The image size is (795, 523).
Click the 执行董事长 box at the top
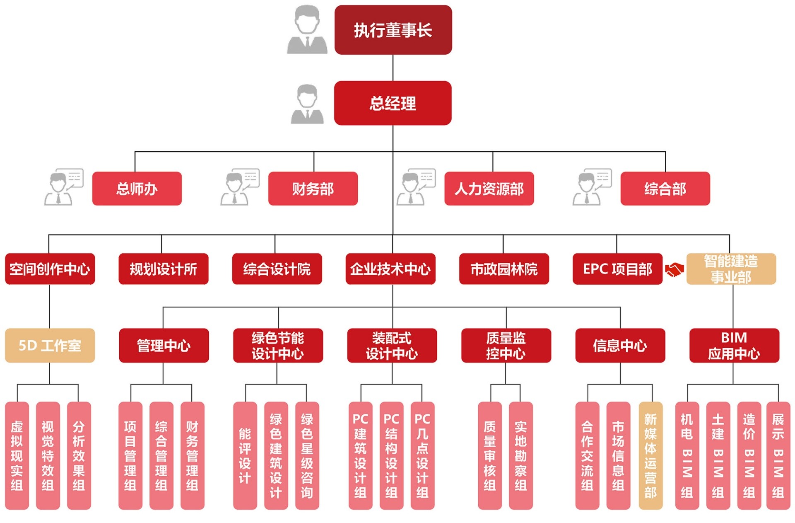point(393,30)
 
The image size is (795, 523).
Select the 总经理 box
point(393,103)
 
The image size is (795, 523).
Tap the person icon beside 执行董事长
point(307,30)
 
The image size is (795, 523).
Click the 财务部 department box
point(313,189)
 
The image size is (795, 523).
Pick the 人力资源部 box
point(489,189)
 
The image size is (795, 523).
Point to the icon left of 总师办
point(64,187)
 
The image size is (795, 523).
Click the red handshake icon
point(674,270)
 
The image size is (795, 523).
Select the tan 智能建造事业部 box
point(731,269)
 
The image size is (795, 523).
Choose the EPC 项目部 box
point(617,269)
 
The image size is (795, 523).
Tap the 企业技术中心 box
point(390,269)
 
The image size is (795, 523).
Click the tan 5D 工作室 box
point(50,345)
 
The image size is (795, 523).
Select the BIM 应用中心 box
point(734,345)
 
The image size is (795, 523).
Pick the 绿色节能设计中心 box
point(277,345)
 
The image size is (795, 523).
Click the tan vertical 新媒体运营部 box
point(650,455)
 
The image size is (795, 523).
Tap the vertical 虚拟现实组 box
point(17,455)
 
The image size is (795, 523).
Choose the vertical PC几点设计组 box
point(422,455)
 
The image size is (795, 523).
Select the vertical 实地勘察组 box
point(520,455)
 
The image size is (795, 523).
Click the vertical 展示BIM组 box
point(778,455)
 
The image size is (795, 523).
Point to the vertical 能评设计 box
point(245,455)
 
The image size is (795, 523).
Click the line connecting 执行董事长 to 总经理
point(393,68)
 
